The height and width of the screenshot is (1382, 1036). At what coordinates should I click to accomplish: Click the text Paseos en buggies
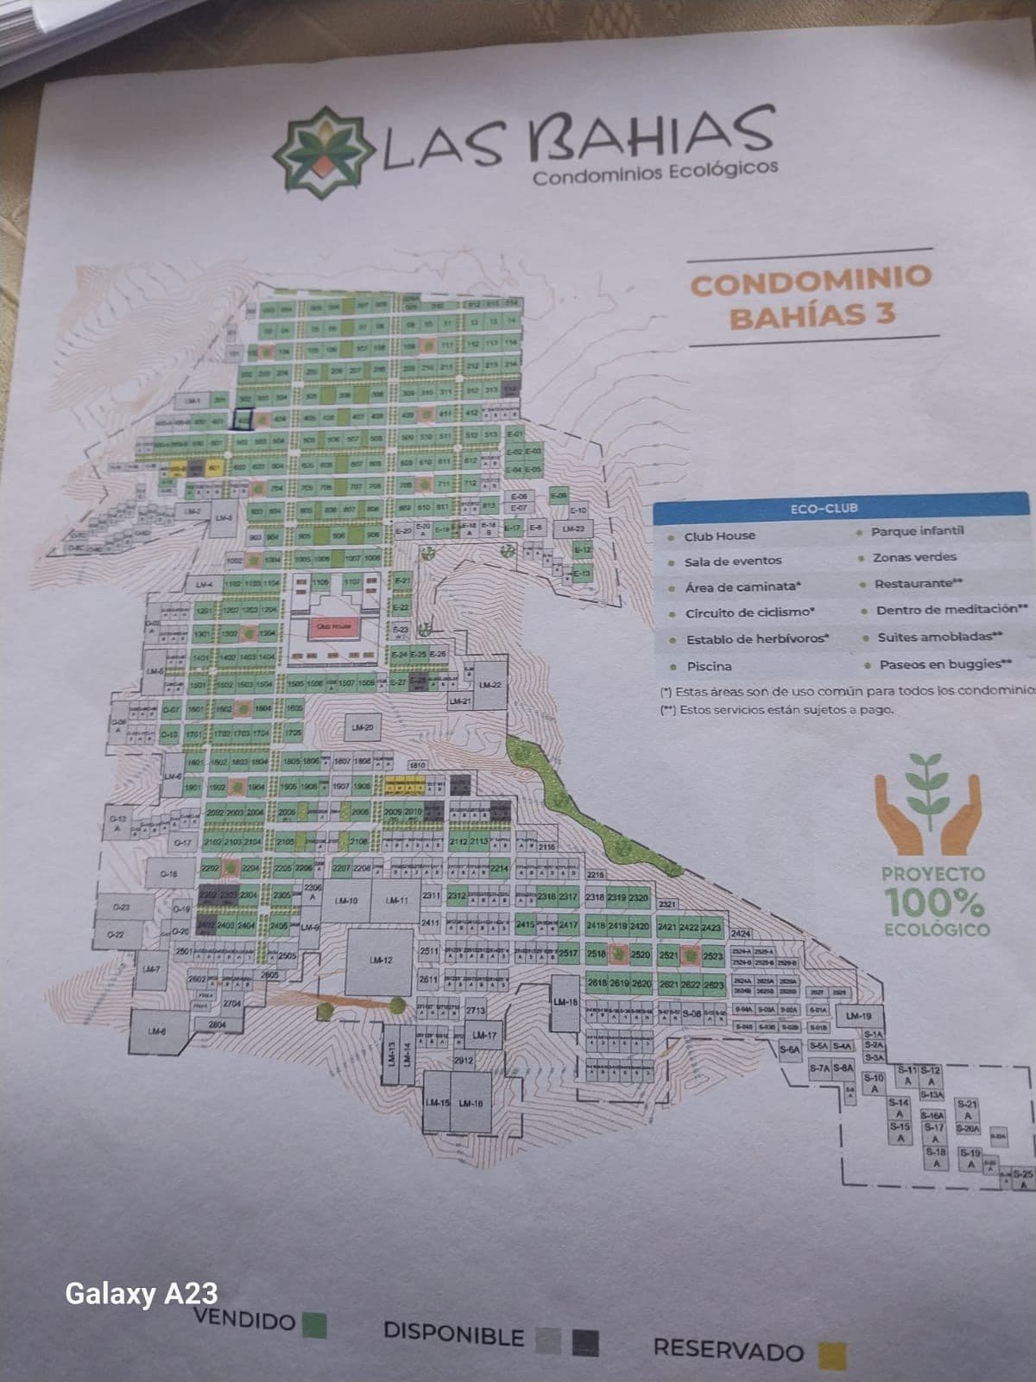[x=944, y=664]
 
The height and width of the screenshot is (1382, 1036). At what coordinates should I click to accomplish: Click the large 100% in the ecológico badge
[x=934, y=903]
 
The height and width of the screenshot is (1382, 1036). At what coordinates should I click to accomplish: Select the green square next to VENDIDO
[x=315, y=1323]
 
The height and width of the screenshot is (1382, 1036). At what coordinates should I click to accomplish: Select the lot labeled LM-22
[x=490, y=684]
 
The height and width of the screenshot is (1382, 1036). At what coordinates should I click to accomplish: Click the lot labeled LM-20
[x=363, y=728]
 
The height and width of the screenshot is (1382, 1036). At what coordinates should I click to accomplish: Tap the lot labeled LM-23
[x=573, y=529]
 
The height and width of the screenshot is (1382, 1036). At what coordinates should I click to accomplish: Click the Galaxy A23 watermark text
[x=142, y=1293]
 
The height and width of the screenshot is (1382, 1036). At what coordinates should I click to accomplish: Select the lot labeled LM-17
[x=483, y=1035]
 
